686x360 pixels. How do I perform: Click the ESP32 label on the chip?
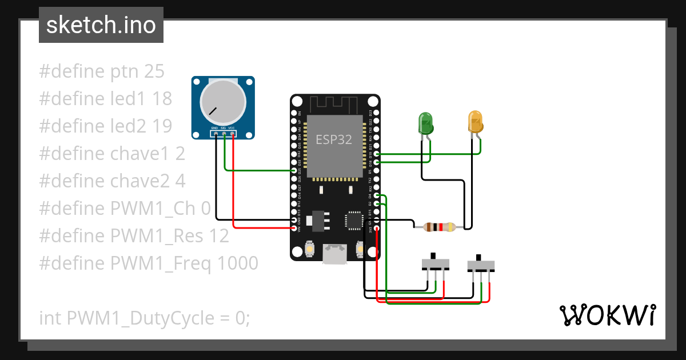(x=334, y=139)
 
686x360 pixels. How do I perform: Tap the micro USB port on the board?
(x=334, y=254)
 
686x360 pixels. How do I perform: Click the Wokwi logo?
(x=607, y=315)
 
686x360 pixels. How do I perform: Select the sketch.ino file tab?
(x=101, y=25)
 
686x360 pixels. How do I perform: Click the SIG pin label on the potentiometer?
(x=224, y=128)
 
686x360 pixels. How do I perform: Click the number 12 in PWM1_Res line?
(x=218, y=236)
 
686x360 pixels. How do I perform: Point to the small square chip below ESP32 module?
(x=354, y=221)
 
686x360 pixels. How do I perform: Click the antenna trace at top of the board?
(x=334, y=105)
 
